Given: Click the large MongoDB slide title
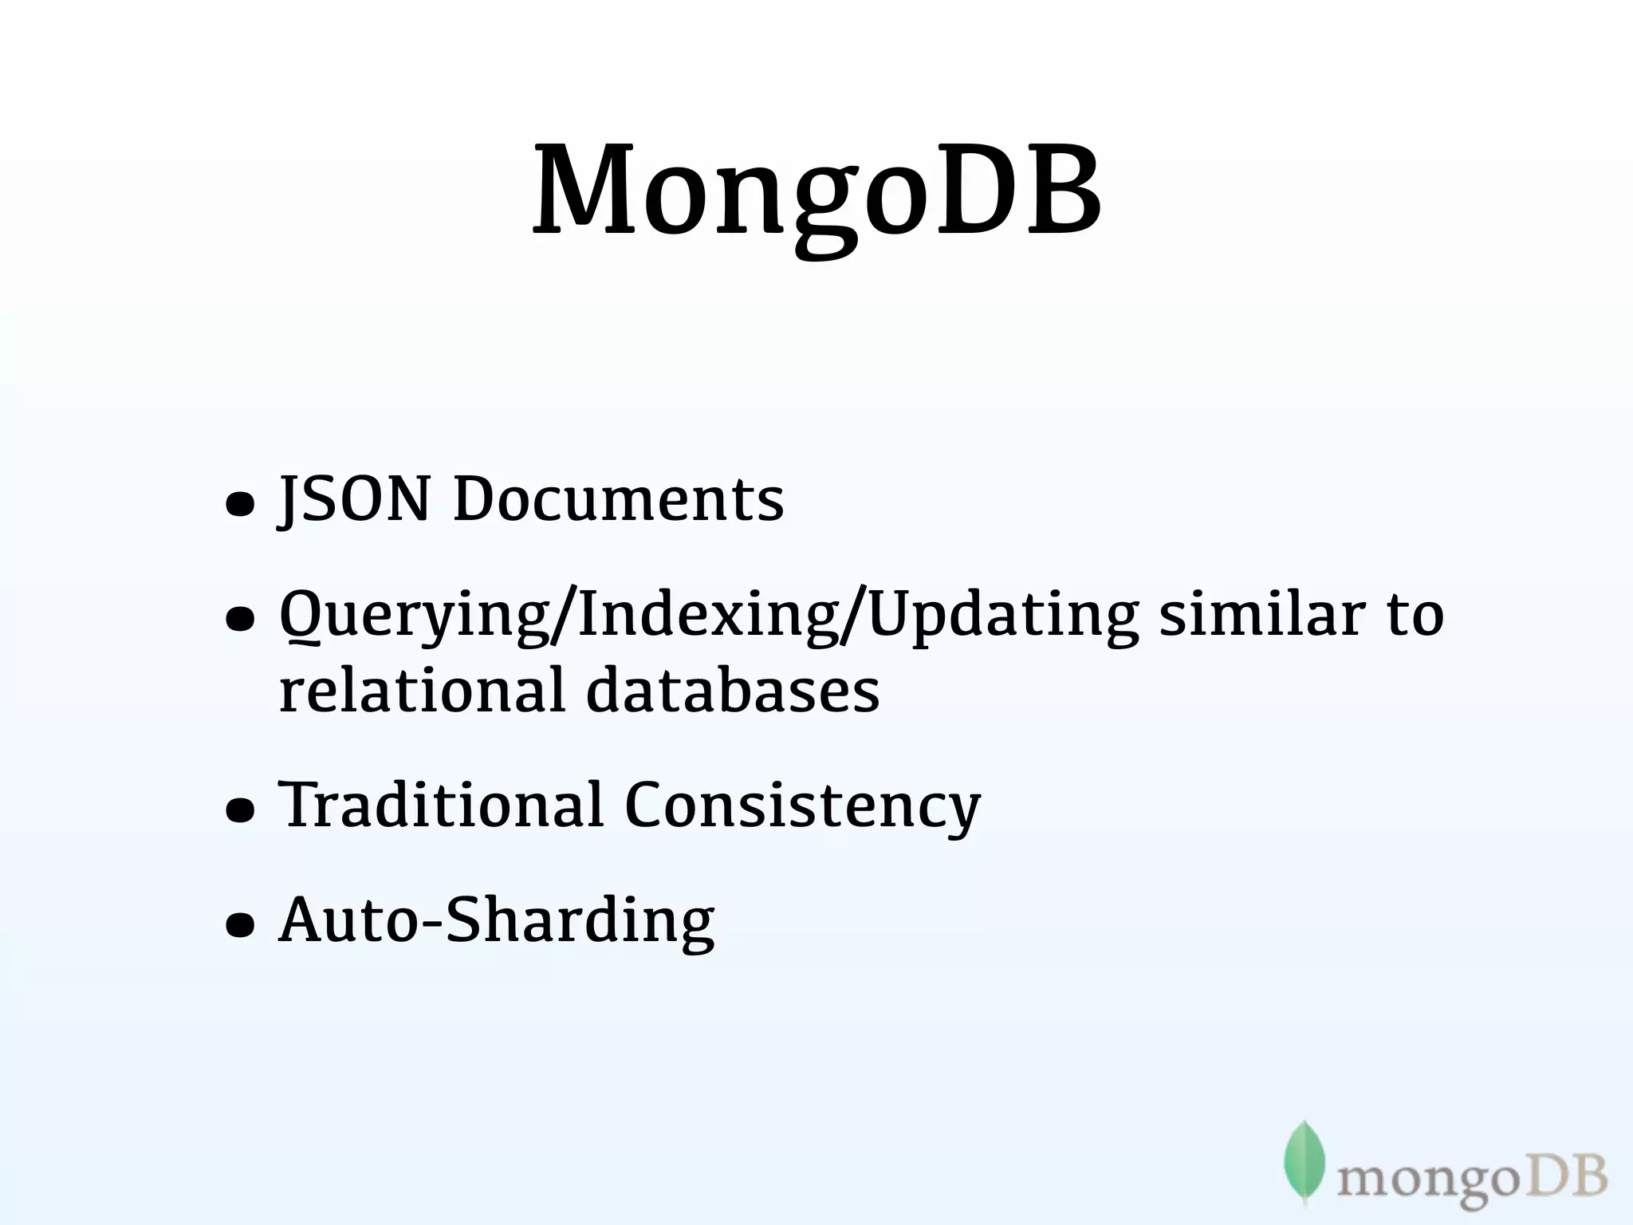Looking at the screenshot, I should pos(817,191).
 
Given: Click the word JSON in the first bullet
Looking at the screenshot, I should pos(355,500).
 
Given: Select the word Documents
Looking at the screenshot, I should pos(618,500).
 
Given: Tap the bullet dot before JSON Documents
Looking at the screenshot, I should pos(240,504).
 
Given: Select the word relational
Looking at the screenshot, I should pos(423,690).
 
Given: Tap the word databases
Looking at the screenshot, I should pos(733,690).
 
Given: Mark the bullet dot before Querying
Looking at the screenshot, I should pos(240,619).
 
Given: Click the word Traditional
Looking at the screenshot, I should pos(443,806).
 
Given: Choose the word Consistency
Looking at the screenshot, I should pos(802,807).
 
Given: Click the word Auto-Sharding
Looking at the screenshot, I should pos(497,921).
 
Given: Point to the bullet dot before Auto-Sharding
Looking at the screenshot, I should pos(240,926).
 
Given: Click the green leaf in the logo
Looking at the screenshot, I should pos(1304,1160).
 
